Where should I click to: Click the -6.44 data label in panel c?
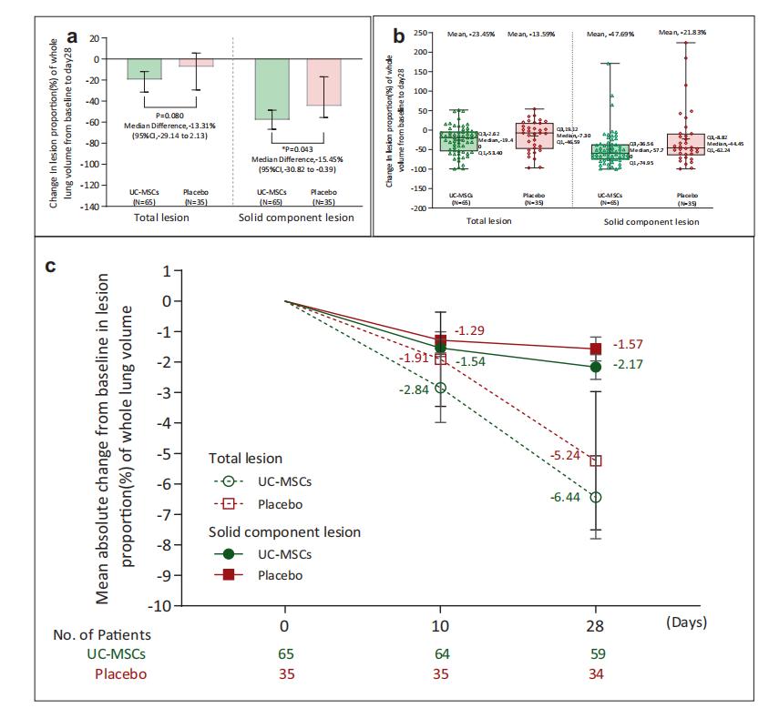point(566,498)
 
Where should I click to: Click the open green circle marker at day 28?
point(596,497)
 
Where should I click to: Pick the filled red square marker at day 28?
point(596,349)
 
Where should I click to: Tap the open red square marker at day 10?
point(441,359)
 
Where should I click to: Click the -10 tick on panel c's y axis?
point(159,606)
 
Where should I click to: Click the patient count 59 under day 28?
point(595,653)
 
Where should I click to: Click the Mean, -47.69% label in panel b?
point(608,34)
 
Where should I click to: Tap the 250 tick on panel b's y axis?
point(419,33)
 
